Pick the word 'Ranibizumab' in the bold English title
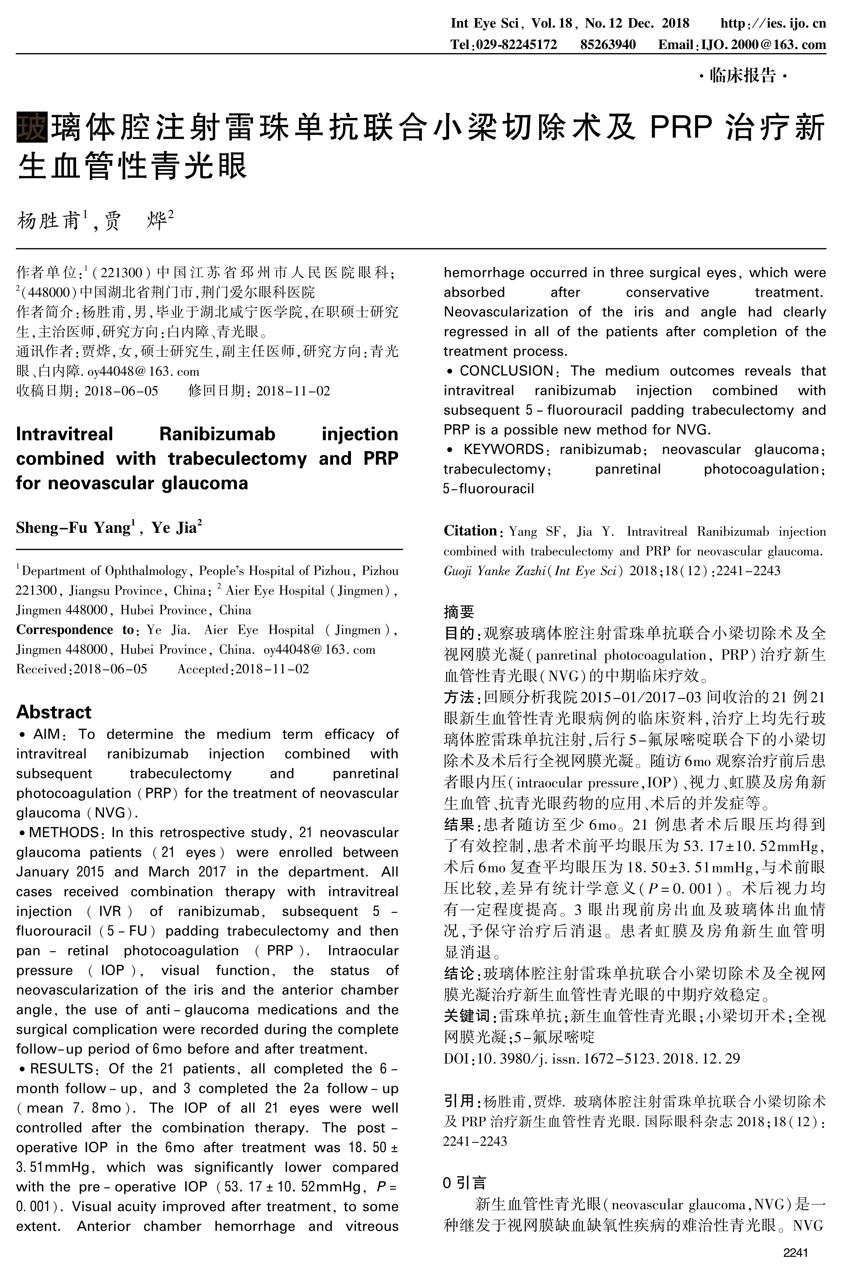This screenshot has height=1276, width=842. [218, 434]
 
